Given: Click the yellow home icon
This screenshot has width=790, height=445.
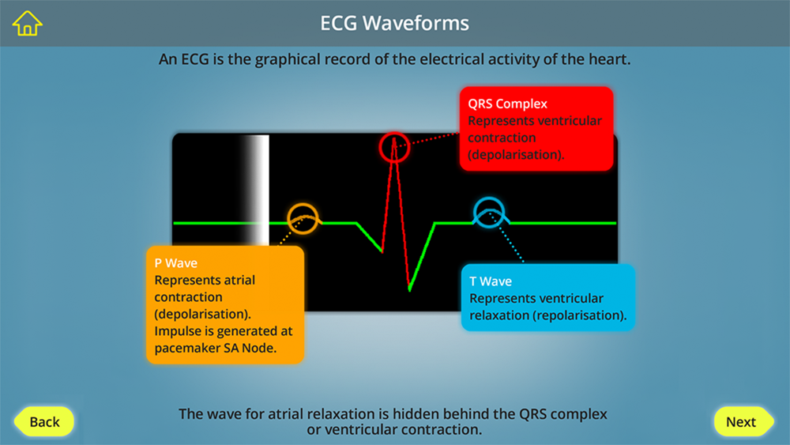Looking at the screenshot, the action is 27,23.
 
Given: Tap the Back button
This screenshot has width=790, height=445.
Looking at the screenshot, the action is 43,421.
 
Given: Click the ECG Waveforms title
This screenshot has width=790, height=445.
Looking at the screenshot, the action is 394,23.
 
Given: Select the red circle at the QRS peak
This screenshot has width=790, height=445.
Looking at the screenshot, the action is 394,133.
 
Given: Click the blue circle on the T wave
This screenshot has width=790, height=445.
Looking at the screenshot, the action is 489,198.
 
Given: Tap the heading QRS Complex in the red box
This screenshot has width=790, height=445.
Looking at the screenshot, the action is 507,104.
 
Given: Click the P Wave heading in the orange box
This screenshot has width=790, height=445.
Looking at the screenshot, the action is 176,263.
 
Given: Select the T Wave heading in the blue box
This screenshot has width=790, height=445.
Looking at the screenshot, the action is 491,281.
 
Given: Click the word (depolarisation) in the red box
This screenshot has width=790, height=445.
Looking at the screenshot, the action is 516,155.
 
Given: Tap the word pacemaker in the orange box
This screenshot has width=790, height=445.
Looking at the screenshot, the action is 183,349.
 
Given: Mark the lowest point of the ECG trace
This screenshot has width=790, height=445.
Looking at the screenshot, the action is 409,291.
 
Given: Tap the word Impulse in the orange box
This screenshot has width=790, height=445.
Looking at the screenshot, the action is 177,331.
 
